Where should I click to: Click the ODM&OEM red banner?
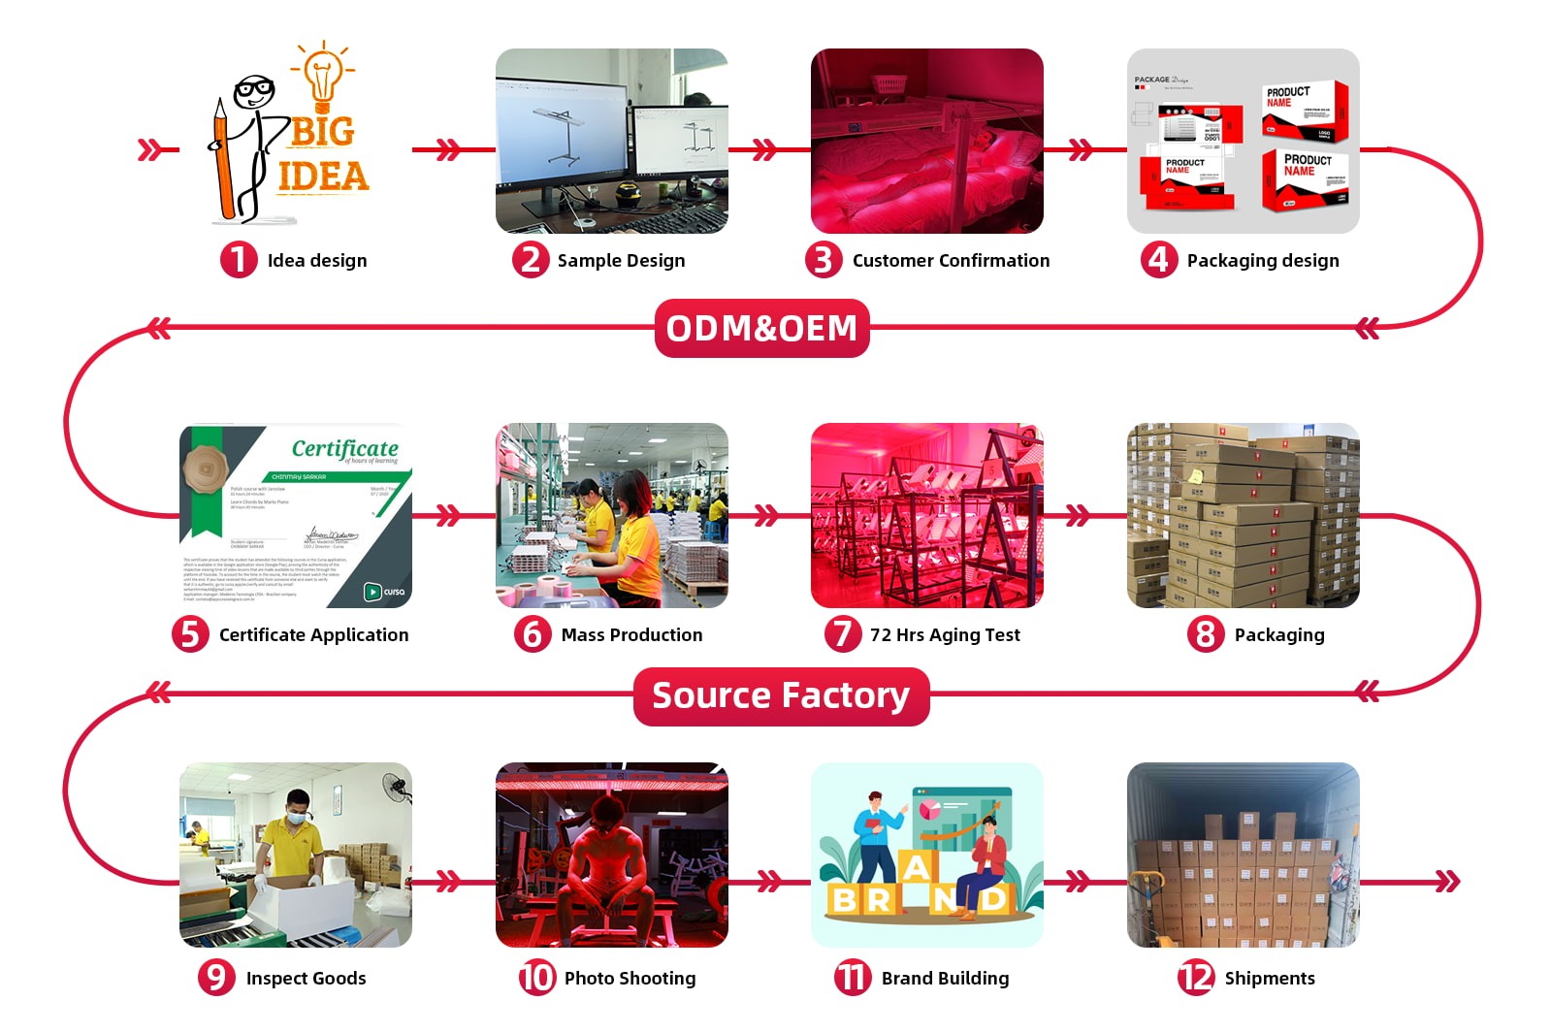(x=761, y=328)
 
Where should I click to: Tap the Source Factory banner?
(x=781, y=695)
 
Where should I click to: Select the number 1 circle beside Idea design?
(x=239, y=260)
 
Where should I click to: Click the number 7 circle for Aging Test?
(x=842, y=634)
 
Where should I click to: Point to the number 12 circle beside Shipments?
(x=1196, y=978)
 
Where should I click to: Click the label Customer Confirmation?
(x=951, y=260)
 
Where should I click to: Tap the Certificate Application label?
(x=313, y=634)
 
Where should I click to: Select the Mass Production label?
(x=631, y=634)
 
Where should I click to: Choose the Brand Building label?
(x=945, y=978)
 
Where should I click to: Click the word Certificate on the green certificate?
(x=344, y=448)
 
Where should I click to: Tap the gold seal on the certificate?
(x=208, y=470)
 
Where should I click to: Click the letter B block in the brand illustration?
(x=844, y=899)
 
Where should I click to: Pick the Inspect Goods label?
(x=306, y=978)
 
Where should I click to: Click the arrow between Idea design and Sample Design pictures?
(x=448, y=149)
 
